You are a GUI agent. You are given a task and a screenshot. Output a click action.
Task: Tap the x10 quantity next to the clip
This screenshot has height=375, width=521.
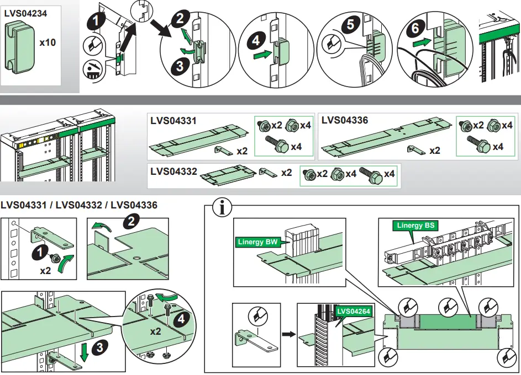pos(48,42)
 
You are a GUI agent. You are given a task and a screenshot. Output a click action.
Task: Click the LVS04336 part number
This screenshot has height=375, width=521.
pos(345,120)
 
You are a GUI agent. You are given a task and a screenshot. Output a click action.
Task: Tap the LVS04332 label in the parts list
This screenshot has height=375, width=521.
pos(173,172)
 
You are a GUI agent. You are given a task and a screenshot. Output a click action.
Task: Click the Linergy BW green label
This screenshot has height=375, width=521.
pos(258,242)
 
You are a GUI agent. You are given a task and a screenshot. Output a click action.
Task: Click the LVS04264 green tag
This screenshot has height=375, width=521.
pos(354,311)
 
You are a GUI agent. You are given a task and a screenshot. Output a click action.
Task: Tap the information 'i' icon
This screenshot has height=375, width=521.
pos(222,208)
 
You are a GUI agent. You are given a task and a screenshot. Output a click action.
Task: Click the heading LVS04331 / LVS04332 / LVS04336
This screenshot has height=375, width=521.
pos(79,205)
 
